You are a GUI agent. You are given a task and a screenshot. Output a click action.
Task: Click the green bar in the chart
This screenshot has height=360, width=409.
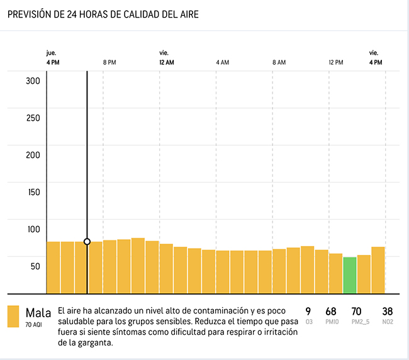[x=349, y=275]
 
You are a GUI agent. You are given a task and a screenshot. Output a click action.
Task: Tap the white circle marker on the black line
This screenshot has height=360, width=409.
[x=87, y=242]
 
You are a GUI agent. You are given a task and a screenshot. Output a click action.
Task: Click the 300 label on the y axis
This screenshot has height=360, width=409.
[x=33, y=81]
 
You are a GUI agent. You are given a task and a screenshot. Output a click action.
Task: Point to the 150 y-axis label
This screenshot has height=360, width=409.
[x=33, y=192]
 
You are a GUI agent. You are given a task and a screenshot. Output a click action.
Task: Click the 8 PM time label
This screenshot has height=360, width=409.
[x=109, y=63]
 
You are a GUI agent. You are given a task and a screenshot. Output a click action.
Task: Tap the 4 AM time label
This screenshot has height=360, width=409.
[x=222, y=63]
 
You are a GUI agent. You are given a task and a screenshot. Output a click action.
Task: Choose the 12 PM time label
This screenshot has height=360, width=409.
[x=336, y=63]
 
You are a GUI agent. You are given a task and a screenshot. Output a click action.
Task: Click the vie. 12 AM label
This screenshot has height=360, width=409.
[x=167, y=59]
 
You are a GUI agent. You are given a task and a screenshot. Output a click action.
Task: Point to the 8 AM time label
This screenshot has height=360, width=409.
[x=279, y=63]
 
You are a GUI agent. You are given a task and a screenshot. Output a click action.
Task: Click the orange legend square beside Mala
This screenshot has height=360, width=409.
[x=13, y=317]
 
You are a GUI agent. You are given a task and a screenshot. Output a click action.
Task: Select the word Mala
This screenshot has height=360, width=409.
[x=38, y=313]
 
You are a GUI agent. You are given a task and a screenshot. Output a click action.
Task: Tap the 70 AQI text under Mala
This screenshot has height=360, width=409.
[x=34, y=325]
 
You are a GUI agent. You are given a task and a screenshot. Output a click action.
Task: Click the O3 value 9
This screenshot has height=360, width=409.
[x=308, y=312]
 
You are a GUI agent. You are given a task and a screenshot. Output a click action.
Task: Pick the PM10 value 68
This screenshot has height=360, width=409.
[x=331, y=312]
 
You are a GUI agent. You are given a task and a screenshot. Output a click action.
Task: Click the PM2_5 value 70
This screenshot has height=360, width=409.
[x=356, y=312]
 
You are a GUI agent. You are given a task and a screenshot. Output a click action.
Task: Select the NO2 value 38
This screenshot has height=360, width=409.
[x=387, y=312]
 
